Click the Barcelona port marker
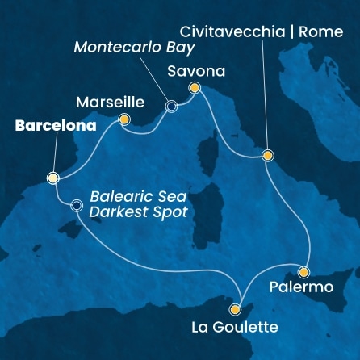click(53, 178)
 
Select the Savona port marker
click(194, 87)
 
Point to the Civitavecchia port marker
click(267, 156)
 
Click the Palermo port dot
click(303, 271)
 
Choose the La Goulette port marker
click(236, 308)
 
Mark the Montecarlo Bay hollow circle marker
click(171, 105)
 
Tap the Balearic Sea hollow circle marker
click(77, 205)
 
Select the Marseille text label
click(109, 103)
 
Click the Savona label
click(196, 70)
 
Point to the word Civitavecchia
click(232, 33)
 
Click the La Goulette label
click(234, 327)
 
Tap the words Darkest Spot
click(139, 212)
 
